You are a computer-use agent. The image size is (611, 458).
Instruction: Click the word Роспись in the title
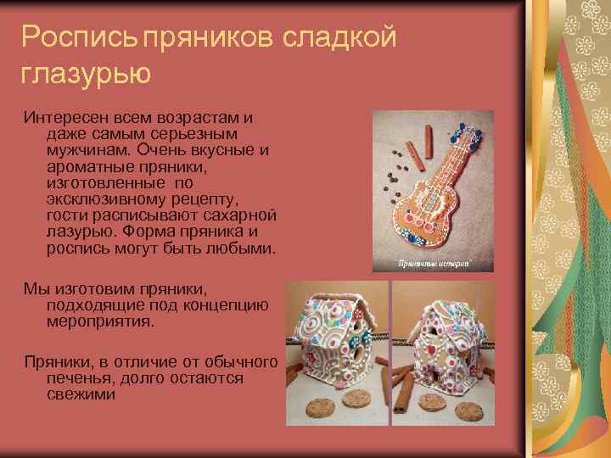pos(79,37)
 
